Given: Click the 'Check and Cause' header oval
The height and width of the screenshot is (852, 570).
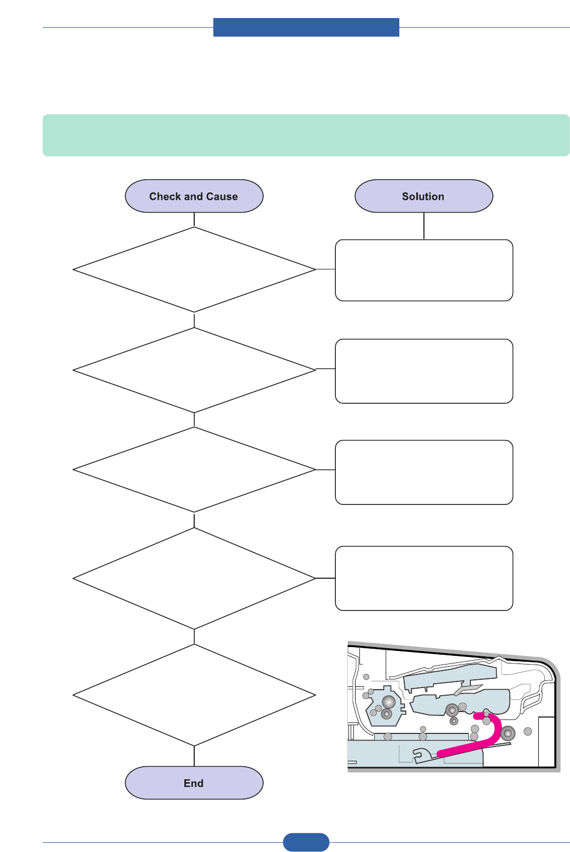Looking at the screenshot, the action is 194,196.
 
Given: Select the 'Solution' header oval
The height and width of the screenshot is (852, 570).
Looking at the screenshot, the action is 423,196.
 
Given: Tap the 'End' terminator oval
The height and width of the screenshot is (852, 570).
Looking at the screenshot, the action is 194,783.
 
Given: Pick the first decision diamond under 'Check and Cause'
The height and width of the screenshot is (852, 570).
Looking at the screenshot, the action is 194,269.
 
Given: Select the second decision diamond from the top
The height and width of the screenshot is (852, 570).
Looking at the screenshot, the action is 194,370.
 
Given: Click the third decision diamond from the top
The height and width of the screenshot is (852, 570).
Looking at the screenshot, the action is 194,469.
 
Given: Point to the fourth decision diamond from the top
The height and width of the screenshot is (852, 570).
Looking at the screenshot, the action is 194,578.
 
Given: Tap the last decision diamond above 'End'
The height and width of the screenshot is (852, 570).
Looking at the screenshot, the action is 194,695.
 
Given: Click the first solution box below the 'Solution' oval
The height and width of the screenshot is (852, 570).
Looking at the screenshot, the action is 424,270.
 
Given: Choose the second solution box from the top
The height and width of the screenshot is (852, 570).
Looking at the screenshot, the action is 424,371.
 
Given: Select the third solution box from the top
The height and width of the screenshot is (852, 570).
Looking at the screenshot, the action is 424,472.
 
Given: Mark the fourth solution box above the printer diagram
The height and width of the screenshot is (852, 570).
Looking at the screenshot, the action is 424,578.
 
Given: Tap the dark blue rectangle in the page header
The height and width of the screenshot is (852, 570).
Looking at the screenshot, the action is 306,27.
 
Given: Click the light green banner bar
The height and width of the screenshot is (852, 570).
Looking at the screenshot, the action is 306,135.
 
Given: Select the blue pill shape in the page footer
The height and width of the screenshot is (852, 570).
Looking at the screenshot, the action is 306,842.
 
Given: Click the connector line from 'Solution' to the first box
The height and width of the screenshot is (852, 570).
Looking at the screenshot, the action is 424,226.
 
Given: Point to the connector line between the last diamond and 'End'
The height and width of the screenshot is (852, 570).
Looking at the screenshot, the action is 194,756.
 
